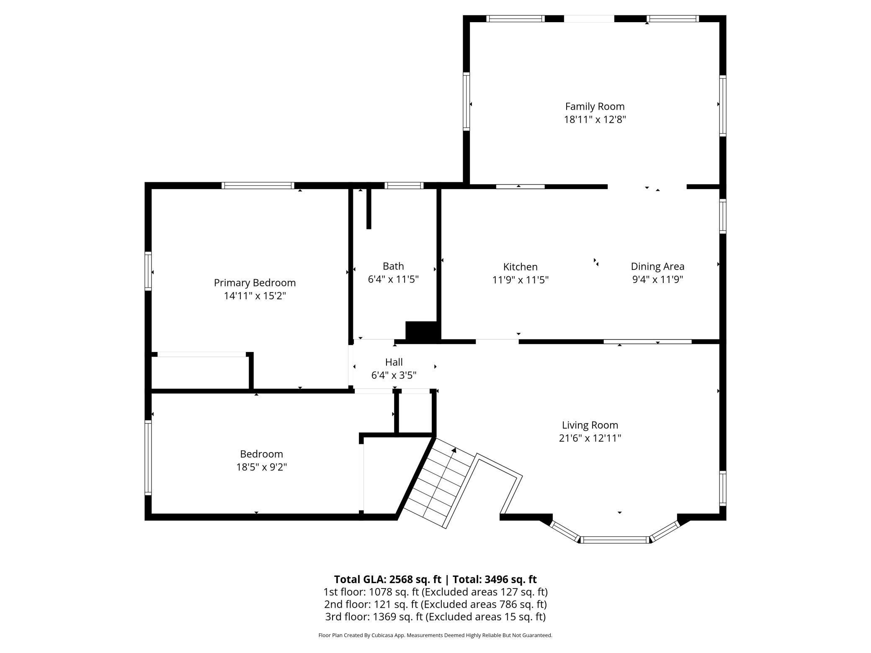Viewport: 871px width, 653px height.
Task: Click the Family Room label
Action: click(x=595, y=106)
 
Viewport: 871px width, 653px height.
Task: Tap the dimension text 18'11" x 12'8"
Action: click(x=595, y=120)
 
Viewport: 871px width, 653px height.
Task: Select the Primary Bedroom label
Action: click(x=255, y=283)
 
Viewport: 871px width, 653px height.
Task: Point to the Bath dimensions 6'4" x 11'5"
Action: click(x=393, y=279)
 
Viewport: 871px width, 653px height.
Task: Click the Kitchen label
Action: click(x=520, y=267)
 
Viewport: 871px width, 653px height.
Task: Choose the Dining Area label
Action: click(x=657, y=266)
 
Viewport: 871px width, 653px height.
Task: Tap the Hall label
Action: click(x=394, y=362)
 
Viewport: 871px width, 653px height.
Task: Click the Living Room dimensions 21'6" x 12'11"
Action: click(x=590, y=438)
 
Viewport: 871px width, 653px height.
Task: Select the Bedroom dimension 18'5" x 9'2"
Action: click(x=261, y=467)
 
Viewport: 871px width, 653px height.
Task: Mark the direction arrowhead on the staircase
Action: click(x=454, y=450)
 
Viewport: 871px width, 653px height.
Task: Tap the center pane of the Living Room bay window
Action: click(x=615, y=540)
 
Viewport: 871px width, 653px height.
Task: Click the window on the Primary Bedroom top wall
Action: click(x=258, y=185)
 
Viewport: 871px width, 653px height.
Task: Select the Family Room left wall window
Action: click(x=466, y=101)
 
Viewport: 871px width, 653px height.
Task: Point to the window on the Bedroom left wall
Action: click(x=148, y=458)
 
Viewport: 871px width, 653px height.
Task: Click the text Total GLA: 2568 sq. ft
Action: click(x=387, y=579)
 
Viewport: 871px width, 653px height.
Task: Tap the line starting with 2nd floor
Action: click(x=435, y=604)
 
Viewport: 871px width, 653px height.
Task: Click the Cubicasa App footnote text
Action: click(x=435, y=635)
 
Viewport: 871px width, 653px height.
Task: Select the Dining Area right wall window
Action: click(x=723, y=216)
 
